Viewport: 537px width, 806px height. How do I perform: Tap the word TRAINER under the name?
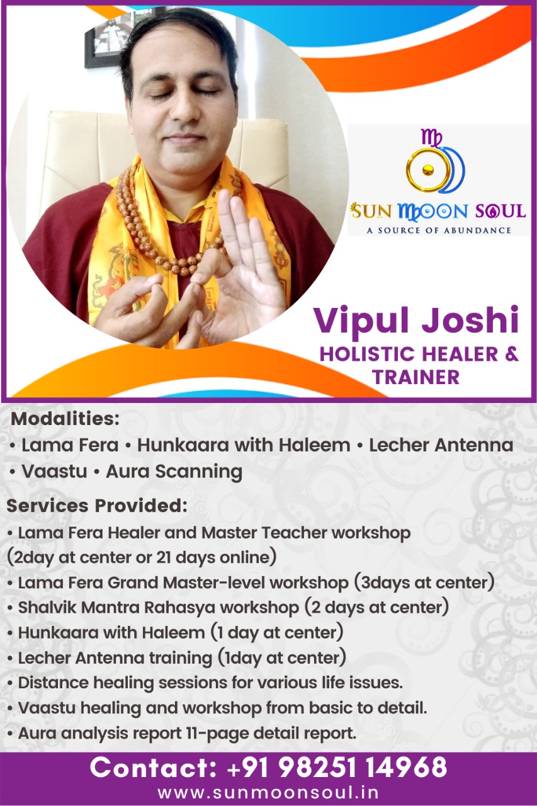pos(415,377)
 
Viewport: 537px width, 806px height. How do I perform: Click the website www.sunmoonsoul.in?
pos(268,792)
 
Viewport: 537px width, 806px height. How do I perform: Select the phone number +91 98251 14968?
pos(337,767)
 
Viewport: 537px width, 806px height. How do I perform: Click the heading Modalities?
pos(65,419)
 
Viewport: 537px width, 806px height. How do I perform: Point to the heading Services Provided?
pos(97,506)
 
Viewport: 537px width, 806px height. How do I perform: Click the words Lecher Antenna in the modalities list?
pos(441,445)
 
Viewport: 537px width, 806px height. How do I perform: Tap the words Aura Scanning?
pos(174,472)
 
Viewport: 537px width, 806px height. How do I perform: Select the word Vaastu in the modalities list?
pos(54,472)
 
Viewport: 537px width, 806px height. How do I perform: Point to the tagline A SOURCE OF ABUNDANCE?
pos(439,230)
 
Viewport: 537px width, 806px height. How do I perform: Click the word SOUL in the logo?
pos(500,211)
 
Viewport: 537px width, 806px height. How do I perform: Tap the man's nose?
pos(184,108)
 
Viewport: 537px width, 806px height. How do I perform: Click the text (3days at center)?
pos(424,583)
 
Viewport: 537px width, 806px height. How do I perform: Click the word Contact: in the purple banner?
pos(153,767)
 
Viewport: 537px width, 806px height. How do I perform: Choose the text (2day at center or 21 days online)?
pos(142,558)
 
